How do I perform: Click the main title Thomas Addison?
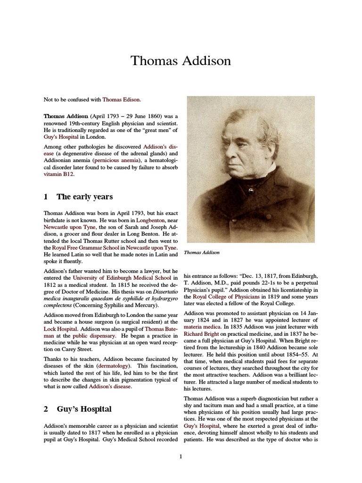181,61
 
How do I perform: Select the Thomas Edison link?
121,100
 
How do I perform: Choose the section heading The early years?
84,197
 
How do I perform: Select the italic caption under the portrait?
202,253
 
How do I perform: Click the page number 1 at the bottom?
181,456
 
